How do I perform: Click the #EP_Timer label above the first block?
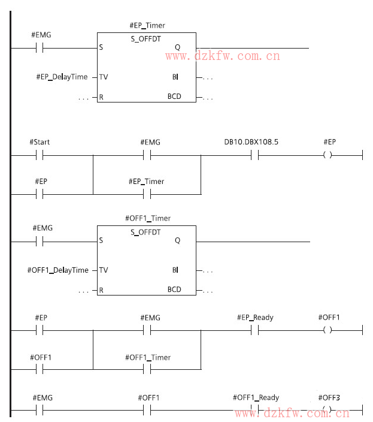[x=147, y=25]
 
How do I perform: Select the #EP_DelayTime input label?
[x=62, y=77]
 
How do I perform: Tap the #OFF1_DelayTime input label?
[x=57, y=270]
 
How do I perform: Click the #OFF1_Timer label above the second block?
[x=147, y=219]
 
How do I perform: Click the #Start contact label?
[x=40, y=142]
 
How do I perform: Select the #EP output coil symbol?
[x=327, y=155]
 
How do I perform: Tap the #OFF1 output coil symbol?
[x=327, y=330]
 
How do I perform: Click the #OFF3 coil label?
[x=328, y=398]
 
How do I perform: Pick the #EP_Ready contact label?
[x=255, y=317]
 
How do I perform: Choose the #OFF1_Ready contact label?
[x=256, y=397]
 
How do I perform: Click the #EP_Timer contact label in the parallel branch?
[x=146, y=181]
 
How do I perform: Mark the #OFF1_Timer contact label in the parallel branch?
[x=147, y=357]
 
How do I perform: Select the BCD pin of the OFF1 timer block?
[x=174, y=290]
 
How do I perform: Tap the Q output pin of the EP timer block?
[x=177, y=47]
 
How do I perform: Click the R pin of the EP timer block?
[x=101, y=97]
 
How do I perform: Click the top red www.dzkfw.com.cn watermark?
[x=223, y=56]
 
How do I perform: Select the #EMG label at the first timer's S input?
[x=41, y=35]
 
